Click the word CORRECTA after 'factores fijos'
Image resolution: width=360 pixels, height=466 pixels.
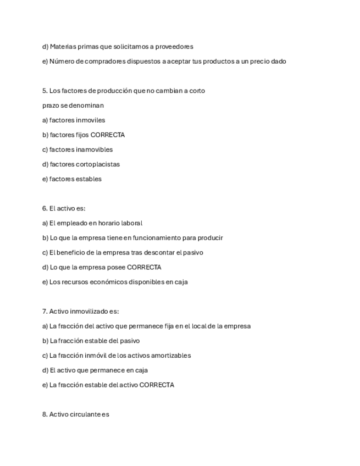[108, 135]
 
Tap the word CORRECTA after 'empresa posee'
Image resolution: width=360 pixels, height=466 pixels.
[144, 267]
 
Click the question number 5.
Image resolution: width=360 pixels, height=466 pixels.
[45, 91]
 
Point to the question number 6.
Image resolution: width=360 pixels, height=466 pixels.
[45, 208]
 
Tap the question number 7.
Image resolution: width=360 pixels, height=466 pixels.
[45, 311]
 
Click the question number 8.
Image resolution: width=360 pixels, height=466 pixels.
[45, 414]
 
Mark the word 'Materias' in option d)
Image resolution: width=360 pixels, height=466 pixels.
[63, 47]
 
